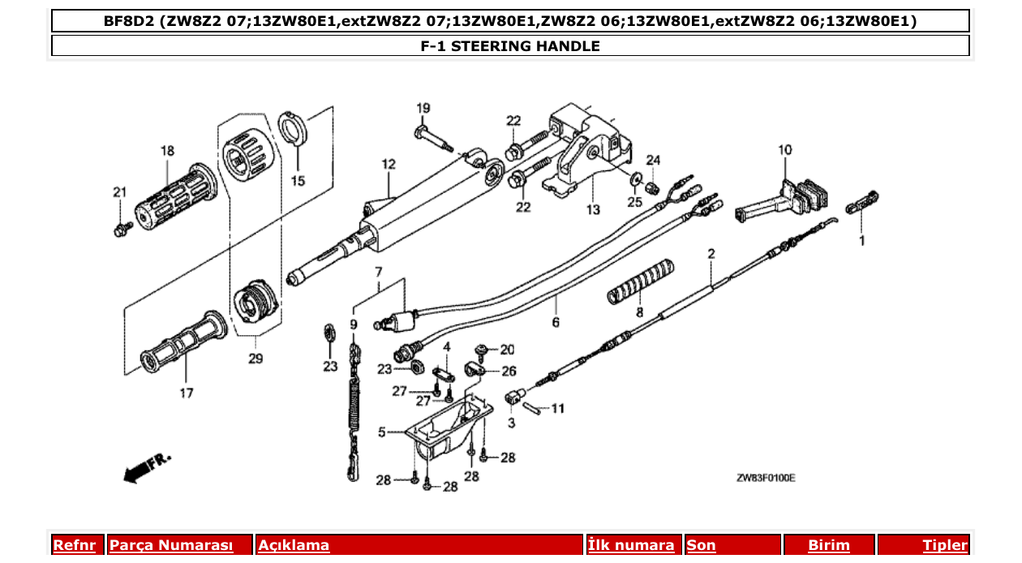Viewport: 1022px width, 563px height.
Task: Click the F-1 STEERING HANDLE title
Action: pos(510,46)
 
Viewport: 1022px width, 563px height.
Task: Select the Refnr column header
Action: pos(74,545)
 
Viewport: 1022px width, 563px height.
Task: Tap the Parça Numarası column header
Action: pos(171,545)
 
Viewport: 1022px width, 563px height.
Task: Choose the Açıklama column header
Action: pos(294,545)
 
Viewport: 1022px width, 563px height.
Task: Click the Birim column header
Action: pos(828,545)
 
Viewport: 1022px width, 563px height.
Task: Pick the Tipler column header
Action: pos(945,545)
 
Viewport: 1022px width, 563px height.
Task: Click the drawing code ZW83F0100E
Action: pos(765,479)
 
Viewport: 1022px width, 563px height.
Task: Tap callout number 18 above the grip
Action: pos(167,151)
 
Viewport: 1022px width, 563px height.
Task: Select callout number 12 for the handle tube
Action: pos(389,165)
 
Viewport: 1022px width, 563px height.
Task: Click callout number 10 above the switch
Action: pos(784,150)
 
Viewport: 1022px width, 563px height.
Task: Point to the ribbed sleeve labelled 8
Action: pos(640,281)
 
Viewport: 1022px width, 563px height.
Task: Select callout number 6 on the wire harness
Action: pos(556,322)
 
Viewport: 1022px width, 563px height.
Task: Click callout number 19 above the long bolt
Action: pos(423,109)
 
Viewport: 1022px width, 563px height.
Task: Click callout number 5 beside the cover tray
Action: pos(382,432)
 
